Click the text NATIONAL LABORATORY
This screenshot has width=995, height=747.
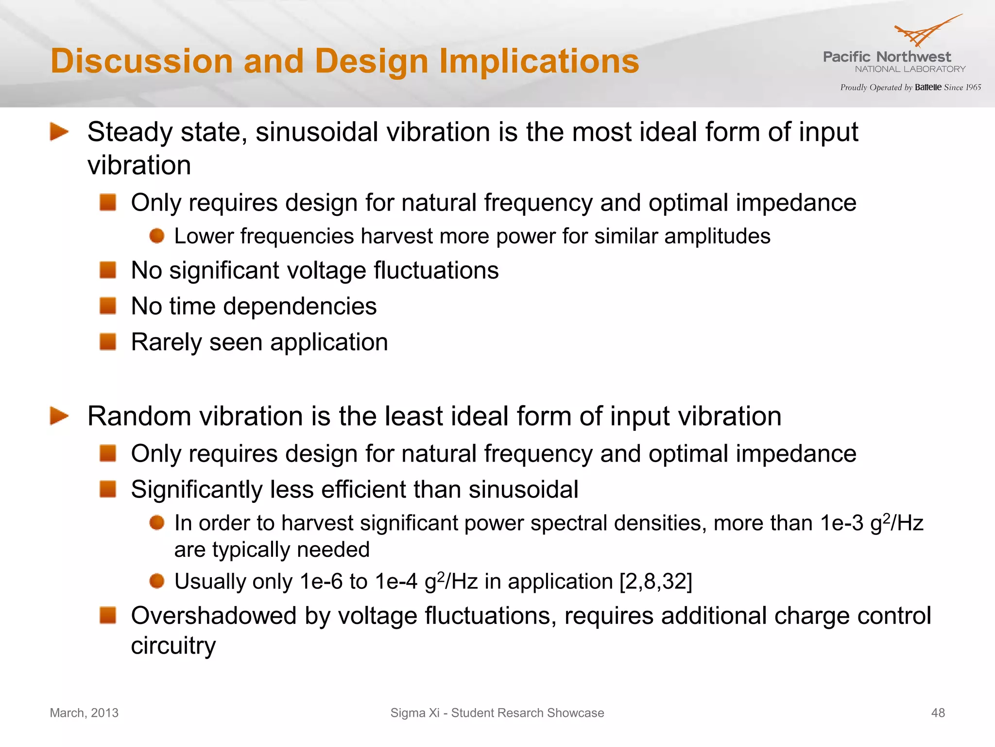(910, 69)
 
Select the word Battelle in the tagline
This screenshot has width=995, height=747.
(928, 88)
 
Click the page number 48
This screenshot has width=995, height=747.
(938, 713)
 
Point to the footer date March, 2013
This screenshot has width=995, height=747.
(84, 713)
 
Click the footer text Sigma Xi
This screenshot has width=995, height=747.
(414, 713)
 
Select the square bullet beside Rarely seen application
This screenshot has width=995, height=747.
(108, 341)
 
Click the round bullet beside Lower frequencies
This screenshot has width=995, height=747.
(157, 236)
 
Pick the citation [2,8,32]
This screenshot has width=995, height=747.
(656, 582)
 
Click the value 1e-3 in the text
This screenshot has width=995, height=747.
(841, 523)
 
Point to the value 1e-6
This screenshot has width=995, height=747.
(321, 582)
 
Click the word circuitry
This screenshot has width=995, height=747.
(173, 646)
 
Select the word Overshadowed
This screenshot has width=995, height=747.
(214, 616)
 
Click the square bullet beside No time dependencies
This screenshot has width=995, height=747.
(108, 306)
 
